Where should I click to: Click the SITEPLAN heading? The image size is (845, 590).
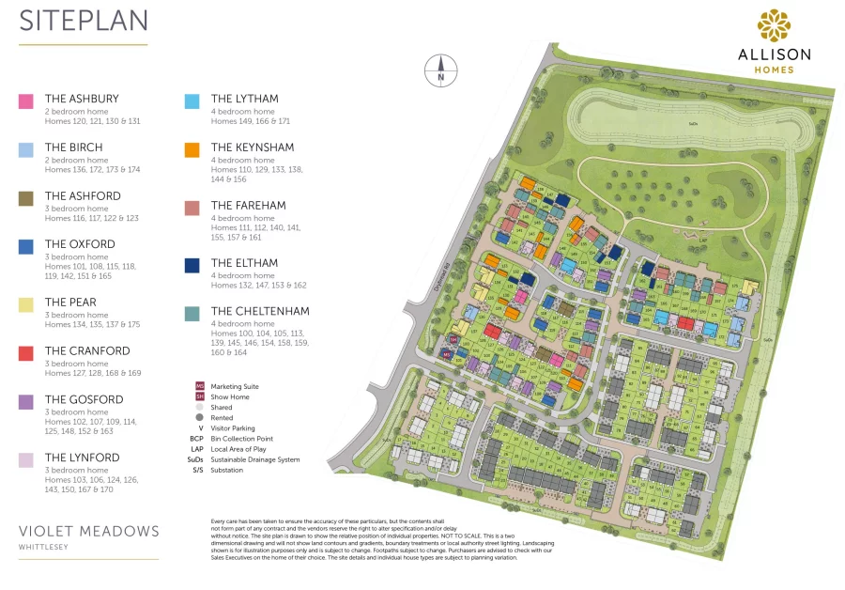[x=83, y=21]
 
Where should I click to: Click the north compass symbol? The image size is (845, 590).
[x=440, y=70]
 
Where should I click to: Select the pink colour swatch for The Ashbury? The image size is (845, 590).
[x=26, y=101]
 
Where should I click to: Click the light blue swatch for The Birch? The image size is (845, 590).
[x=26, y=149]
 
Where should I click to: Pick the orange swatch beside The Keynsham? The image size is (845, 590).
[x=192, y=149]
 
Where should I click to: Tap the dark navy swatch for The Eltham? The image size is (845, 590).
[x=192, y=266]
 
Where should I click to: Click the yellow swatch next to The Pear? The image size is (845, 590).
[x=26, y=304]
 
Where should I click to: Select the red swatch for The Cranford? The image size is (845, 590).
[x=26, y=353]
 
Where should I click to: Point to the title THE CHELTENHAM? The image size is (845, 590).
[x=260, y=311]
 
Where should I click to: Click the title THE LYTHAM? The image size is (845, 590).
[x=244, y=99]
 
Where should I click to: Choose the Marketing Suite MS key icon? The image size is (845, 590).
[x=199, y=386]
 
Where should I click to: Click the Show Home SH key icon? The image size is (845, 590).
[x=199, y=396]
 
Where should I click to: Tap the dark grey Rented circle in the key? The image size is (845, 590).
[x=199, y=417]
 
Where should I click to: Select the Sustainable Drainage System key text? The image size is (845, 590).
[x=255, y=459]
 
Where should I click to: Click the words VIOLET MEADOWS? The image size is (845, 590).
[x=89, y=531]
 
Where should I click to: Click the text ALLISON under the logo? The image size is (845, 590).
[x=775, y=54]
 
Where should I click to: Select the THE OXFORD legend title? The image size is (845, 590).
[x=80, y=244]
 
